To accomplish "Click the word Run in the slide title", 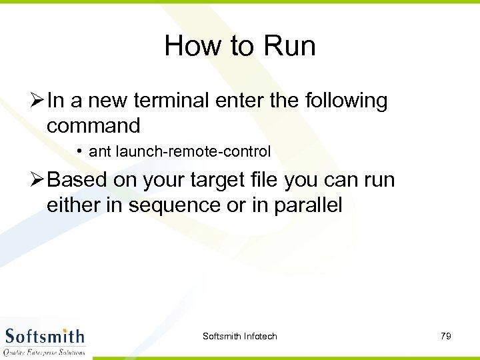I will [289, 46].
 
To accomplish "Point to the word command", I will [93, 125].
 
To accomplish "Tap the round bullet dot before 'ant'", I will [79, 151].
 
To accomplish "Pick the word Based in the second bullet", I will [76, 180].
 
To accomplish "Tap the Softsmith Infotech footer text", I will [239, 336].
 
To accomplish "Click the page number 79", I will [446, 336].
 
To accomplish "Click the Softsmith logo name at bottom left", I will [45, 335].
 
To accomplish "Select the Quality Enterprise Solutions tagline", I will [45, 352].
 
